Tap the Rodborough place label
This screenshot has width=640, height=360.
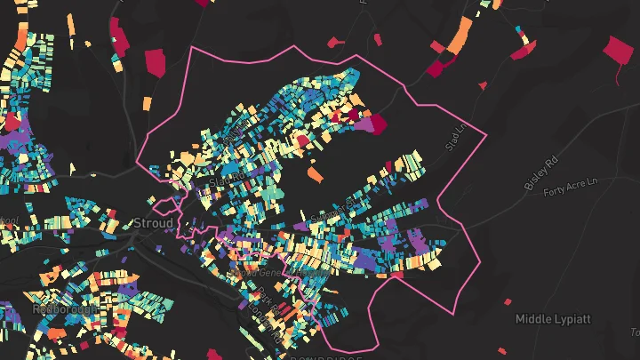56,309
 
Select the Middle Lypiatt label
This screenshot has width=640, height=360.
552,318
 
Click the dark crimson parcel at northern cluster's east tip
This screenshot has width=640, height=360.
376,124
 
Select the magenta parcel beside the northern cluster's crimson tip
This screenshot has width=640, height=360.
362,127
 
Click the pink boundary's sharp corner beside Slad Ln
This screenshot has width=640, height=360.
487,135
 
